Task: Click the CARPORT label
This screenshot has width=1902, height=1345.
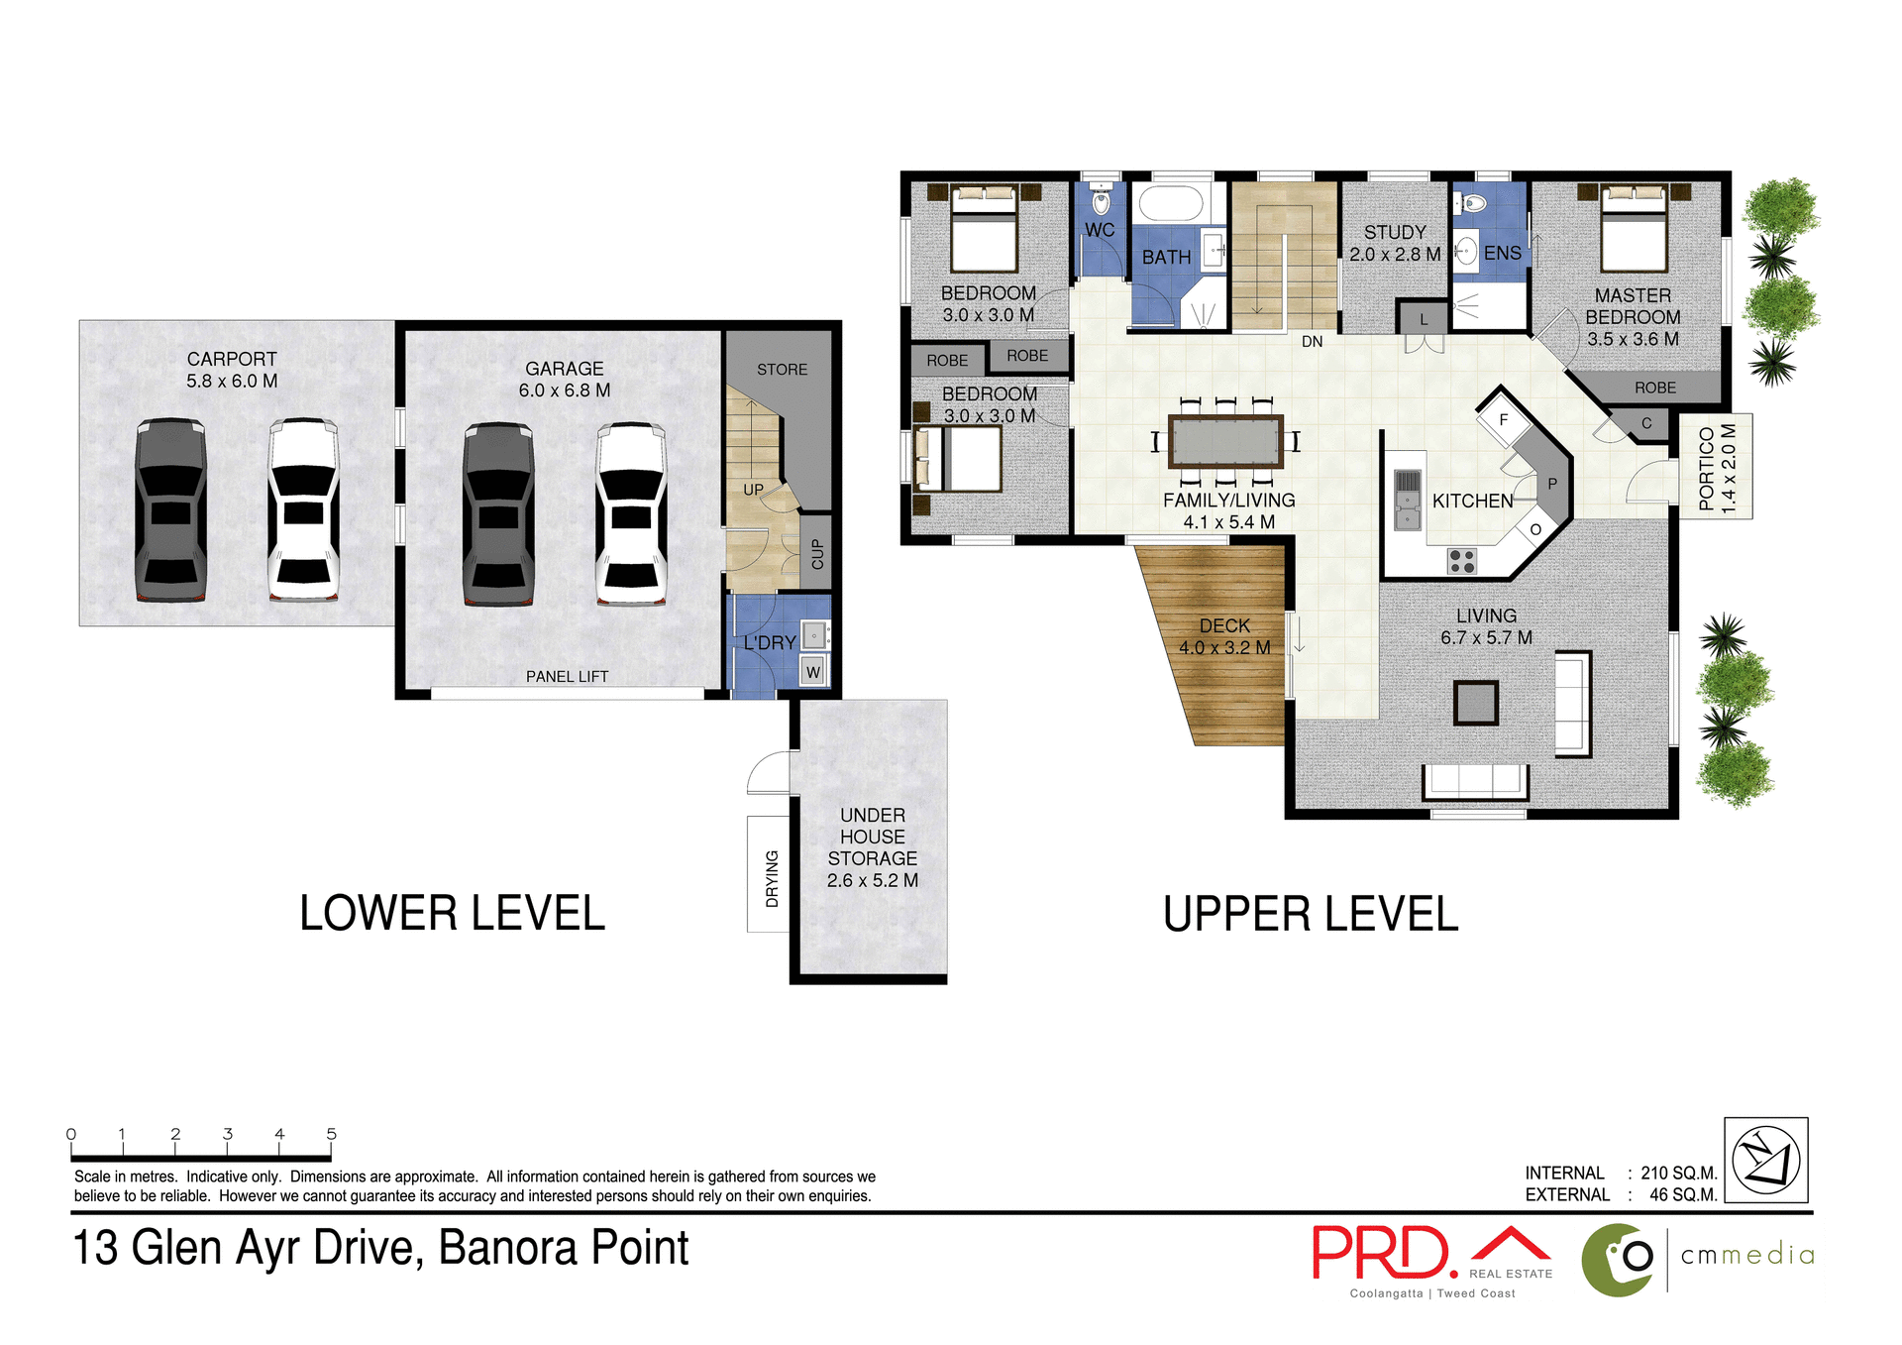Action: (232, 359)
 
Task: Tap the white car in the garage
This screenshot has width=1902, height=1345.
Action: (631, 513)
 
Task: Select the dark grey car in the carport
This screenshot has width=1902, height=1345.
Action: (171, 510)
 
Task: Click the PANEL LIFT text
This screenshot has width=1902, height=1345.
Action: (567, 677)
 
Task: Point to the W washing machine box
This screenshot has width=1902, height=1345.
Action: (813, 672)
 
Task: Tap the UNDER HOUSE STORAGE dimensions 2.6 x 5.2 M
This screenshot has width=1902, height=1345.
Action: (872, 880)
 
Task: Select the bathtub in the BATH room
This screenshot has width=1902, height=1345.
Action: (1170, 203)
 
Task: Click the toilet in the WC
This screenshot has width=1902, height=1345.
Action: (1101, 201)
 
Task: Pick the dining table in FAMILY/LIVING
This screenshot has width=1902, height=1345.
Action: (1225, 441)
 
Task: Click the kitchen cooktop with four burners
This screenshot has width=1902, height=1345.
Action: (1462, 561)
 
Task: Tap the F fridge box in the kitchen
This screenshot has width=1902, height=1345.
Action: (1503, 420)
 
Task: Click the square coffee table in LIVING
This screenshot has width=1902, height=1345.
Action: (1475, 703)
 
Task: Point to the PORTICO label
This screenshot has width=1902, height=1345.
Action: (1706, 468)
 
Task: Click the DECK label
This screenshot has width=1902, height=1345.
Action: (1224, 625)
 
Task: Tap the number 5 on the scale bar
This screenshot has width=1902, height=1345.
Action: (331, 1134)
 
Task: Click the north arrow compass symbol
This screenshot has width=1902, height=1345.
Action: (1765, 1160)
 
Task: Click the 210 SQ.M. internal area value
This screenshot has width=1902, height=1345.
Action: (1678, 1173)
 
